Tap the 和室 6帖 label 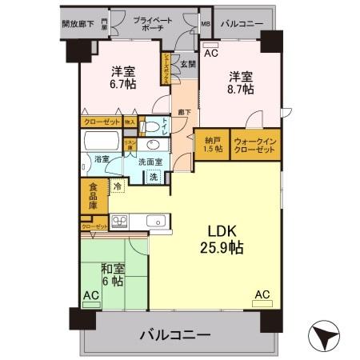112,275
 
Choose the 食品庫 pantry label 93,196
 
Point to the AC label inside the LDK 262,294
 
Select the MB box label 206,24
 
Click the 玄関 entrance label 187,62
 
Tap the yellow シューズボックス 166,69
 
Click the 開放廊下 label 78,24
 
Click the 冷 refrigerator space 118,187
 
